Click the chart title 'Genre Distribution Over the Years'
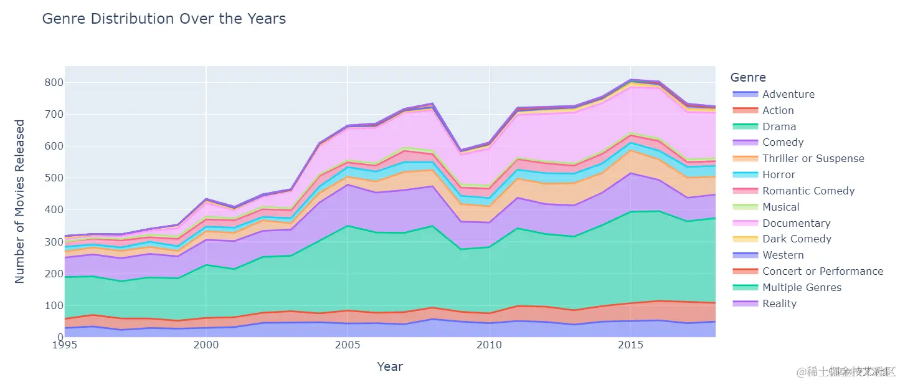point(164,19)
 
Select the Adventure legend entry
point(788,94)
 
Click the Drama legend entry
point(779,127)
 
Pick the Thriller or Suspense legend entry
point(813,158)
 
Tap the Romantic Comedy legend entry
point(808,191)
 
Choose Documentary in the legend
point(796,223)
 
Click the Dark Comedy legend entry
point(797,239)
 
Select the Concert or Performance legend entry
point(822,271)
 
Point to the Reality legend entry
point(779,303)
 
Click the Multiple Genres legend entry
point(802,287)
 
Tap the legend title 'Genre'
point(748,77)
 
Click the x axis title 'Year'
point(390,366)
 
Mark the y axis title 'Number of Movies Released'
point(20,201)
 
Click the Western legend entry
point(783,255)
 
